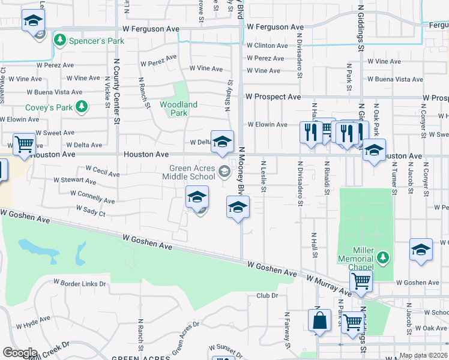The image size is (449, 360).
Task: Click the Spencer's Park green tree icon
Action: click(x=59, y=40)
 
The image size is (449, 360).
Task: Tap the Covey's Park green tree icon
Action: click(x=81, y=107)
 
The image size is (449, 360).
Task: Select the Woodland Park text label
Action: click(x=178, y=109)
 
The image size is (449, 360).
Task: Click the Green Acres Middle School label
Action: click(x=192, y=173)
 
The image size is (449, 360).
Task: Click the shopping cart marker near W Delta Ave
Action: click(x=24, y=144)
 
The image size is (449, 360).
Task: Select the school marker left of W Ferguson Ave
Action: click(x=33, y=21)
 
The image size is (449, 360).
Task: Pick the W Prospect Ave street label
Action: click(x=273, y=97)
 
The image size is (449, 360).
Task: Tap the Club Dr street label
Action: click(x=267, y=295)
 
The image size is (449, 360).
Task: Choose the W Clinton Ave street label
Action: click(x=267, y=46)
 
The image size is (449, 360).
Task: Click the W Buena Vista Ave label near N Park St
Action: click(x=395, y=79)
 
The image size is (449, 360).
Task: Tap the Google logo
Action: click(x=20, y=353)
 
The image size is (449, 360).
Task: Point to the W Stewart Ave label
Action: click(x=75, y=180)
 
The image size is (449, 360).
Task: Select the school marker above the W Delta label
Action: click(x=222, y=142)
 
